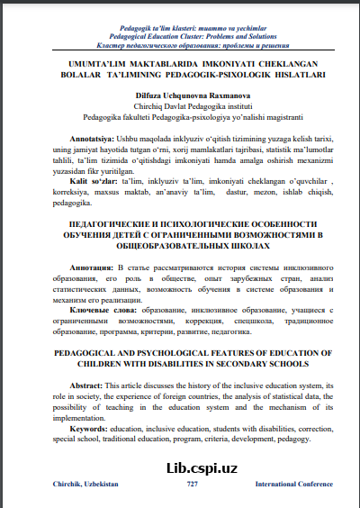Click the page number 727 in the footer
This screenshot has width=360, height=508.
192,485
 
